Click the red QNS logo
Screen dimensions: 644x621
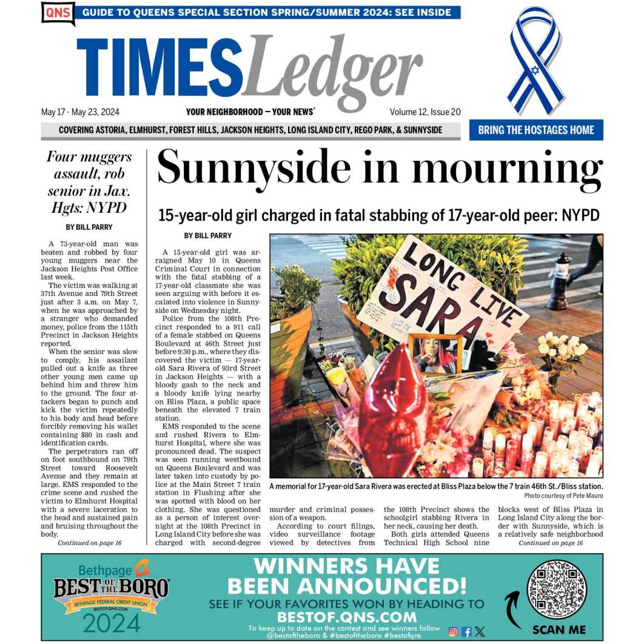(x=58, y=13)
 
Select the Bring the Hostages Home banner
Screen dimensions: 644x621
(x=535, y=130)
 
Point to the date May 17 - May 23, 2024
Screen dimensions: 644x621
(x=80, y=112)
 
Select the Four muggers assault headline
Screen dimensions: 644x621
(x=89, y=183)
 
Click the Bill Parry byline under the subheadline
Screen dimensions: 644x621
(x=207, y=235)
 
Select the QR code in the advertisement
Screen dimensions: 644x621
(x=557, y=589)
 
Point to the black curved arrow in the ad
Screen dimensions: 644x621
(x=514, y=609)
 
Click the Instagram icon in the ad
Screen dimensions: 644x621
(x=453, y=631)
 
